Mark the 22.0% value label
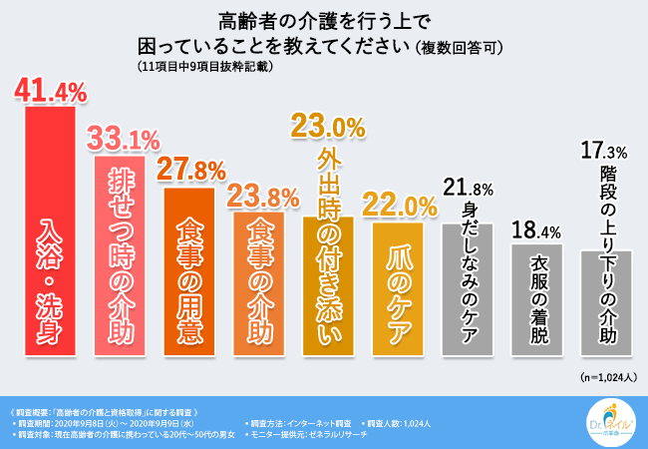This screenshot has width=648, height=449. (x=401, y=206)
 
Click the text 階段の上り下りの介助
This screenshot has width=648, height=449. (x=604, y=259)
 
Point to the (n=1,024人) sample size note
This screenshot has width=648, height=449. (x=605, y=378)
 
